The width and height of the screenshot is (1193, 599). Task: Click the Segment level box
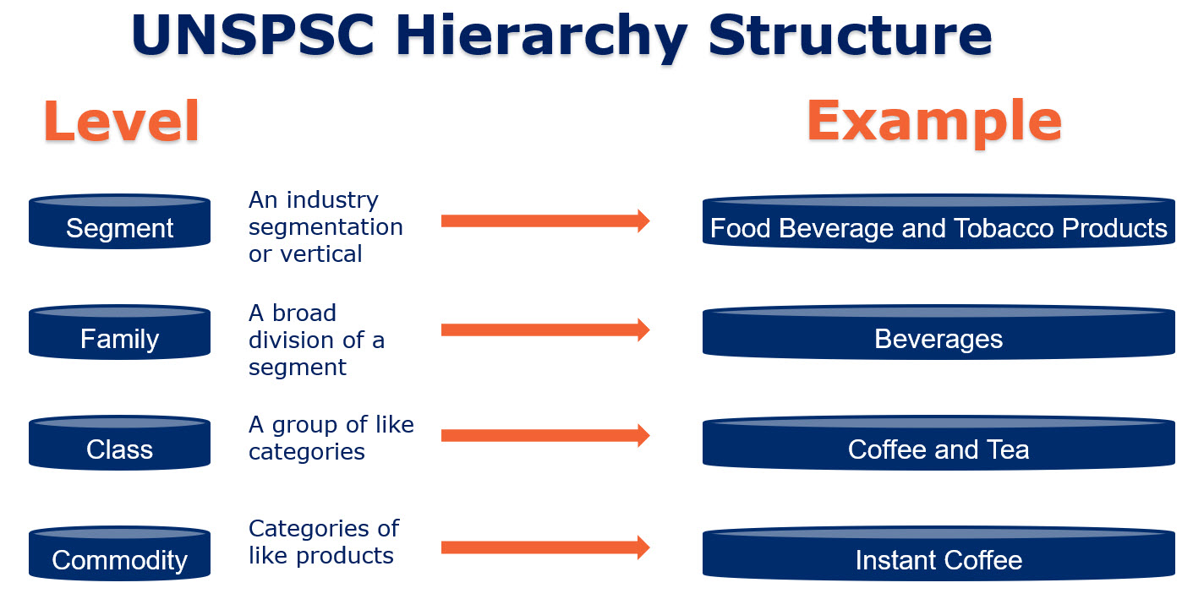(x=119, y=221)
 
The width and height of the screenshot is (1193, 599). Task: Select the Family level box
(x=119, y=332)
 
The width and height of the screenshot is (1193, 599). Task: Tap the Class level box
(x=119, y=443)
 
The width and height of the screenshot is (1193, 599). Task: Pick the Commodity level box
(x=119, y=553)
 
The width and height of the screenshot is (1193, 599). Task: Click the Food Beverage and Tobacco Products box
(x=939, y=221)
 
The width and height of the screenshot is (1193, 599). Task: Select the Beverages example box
(x=939, y=332)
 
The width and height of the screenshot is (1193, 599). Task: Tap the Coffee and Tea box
(x=939, y=443)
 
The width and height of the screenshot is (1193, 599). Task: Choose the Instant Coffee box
(x=939, y=553)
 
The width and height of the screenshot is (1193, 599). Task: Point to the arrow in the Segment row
(x=545, y=221)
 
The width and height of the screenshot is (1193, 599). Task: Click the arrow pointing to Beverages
(x=545, y=329)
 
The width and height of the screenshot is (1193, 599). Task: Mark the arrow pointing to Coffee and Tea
(x=545, y=436)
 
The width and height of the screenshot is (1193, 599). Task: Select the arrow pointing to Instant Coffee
(x=545, y=547)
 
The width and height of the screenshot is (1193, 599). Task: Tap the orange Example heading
(x=934, y=123)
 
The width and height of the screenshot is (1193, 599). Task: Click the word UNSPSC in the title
(x=254, y=35)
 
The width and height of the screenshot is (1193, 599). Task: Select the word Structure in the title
(x=851, y=35)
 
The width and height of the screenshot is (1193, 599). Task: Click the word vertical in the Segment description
(x=321, y=253)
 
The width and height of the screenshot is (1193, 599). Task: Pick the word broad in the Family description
(x=304, y=313)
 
